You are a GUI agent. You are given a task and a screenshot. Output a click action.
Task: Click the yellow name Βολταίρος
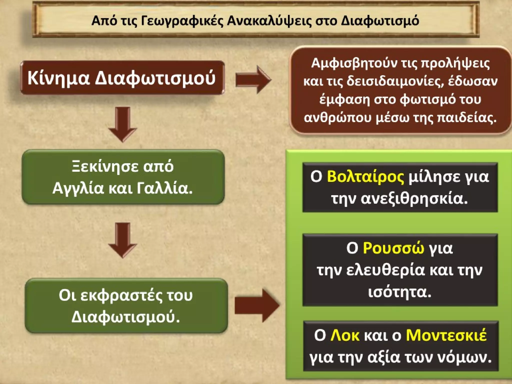pyautogui.click(x=365, y=177)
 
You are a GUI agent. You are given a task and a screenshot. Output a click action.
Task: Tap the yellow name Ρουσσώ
pyautogui.click(x=393, y=248)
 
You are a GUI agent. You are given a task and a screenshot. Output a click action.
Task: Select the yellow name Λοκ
pyautogui.click(x=345, y=335)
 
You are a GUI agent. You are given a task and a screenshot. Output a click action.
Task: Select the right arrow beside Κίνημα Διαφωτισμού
pyautogui.click(x=253, y=80)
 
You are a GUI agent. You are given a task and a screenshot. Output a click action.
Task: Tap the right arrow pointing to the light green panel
pyautogui.click(x=256, y=305)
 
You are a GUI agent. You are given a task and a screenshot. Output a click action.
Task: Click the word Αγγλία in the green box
pyautogui.click(x=78, y=188)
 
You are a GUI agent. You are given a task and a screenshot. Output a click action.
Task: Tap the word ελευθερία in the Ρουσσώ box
pyautogui.click(x=385, y=270)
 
